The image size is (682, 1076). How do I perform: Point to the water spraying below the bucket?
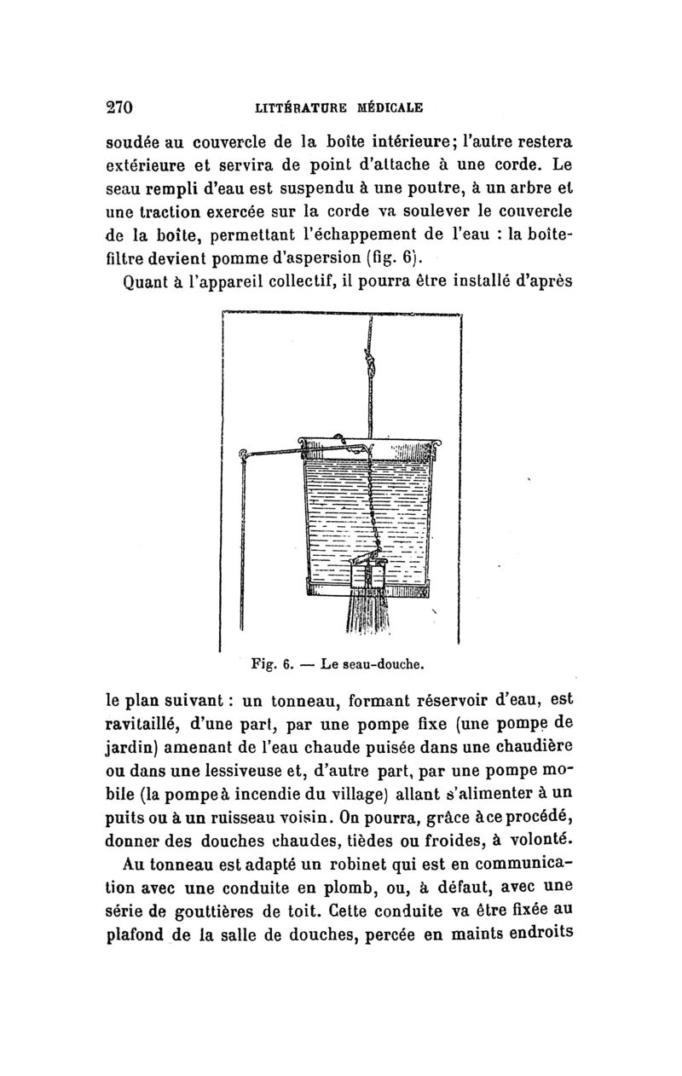click(x=369, y=618)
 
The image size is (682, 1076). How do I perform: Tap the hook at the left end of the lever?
click(x=244, y=454)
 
